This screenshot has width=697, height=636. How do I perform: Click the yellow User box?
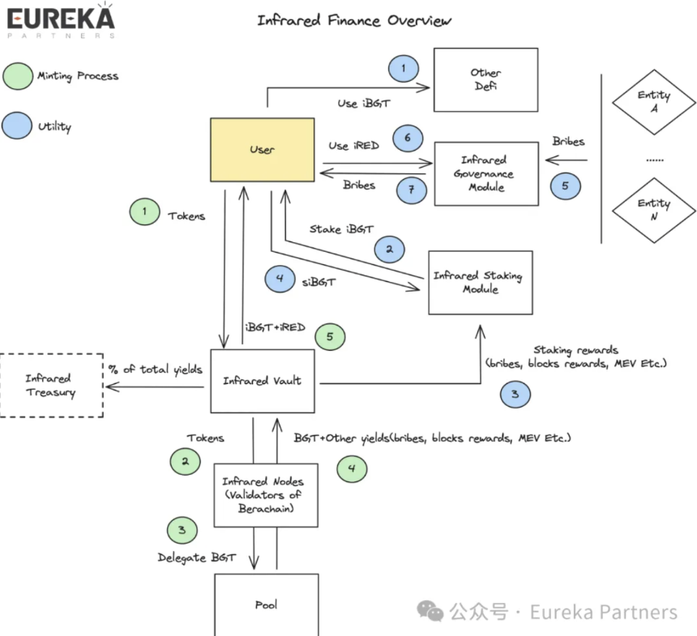click(x=263, y=150)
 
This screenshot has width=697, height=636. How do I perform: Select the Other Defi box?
click(x=485, y=80)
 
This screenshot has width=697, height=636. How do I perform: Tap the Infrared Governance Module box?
click(x=486, y=173)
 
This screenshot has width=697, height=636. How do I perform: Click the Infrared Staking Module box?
click(x=481, y=283)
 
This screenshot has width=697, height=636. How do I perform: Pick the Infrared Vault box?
click(x=263, y=382)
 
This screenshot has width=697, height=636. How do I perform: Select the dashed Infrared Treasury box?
click(x=52, y=386)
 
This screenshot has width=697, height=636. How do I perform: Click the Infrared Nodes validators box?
click(x=266, y=496)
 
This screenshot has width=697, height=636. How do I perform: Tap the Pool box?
click(x=267, y=605)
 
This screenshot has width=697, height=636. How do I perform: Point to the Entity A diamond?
click(x=654, y=102)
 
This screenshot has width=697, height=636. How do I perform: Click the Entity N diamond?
click(x=654, y=210)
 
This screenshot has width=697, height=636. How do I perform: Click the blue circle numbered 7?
click(x=412, y=190)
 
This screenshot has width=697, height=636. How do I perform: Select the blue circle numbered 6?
click(x=408, y=139)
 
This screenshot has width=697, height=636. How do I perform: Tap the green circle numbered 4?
click(x=352, y=469)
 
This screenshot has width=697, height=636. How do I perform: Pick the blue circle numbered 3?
click(x=515, y=395)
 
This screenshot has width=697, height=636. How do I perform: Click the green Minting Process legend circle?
click(x=18, y=76)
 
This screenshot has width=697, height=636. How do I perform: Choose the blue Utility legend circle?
click(x=17, y=126)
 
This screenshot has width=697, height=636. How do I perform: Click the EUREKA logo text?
click(x=61, y=19)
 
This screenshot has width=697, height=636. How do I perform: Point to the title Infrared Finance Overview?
click(x=354, y=20)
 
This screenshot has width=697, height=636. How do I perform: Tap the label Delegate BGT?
click(x=197, y=557)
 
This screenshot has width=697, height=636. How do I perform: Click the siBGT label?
click(x=319, y=282)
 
